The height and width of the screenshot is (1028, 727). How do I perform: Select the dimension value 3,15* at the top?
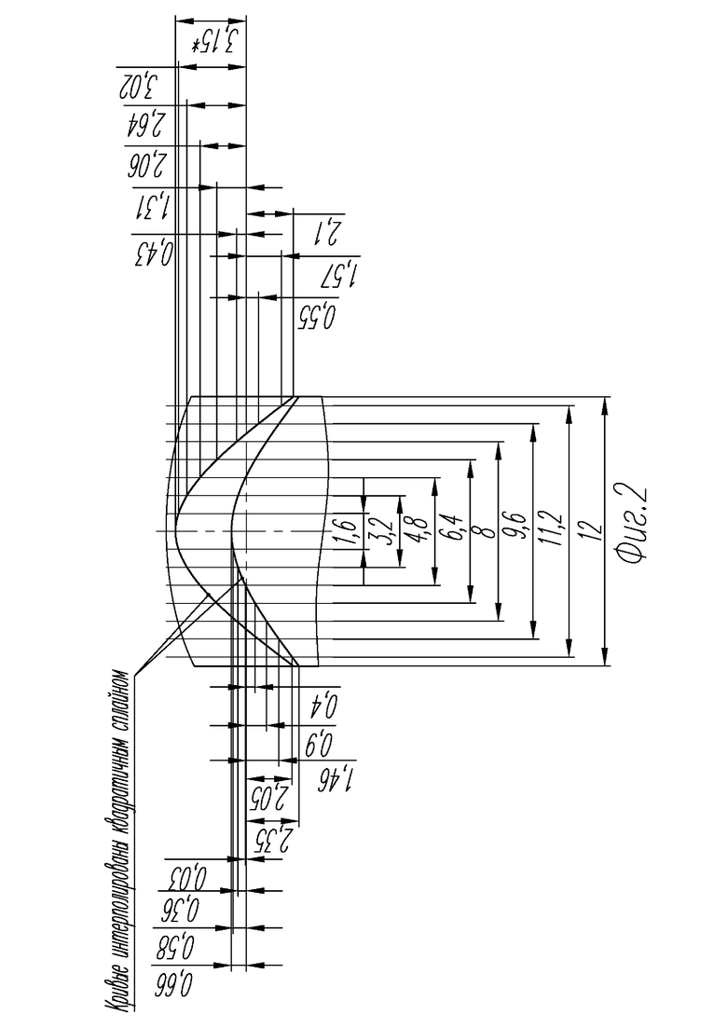(x=213, y=42)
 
